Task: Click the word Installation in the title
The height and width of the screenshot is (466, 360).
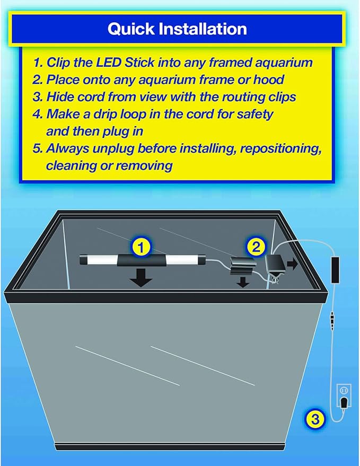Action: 203,29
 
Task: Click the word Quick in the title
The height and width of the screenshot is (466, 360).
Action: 131,29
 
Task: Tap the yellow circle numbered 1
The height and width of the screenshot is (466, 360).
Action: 141,247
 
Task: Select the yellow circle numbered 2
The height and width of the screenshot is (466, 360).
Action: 256,247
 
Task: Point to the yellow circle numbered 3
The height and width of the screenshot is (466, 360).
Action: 315,419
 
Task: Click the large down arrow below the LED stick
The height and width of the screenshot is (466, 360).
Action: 141,278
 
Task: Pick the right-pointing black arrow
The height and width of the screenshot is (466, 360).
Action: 293,264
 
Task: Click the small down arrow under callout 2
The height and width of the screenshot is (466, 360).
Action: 243,282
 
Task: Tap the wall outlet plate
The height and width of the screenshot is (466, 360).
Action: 344,395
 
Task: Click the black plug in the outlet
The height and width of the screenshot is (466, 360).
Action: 344,403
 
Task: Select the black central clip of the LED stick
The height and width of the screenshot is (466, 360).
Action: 142,260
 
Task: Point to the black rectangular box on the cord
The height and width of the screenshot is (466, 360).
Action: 335,270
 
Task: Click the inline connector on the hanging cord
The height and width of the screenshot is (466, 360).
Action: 332,318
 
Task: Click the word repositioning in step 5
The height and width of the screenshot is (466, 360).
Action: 280,148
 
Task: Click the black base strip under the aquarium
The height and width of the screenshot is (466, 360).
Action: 170,447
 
